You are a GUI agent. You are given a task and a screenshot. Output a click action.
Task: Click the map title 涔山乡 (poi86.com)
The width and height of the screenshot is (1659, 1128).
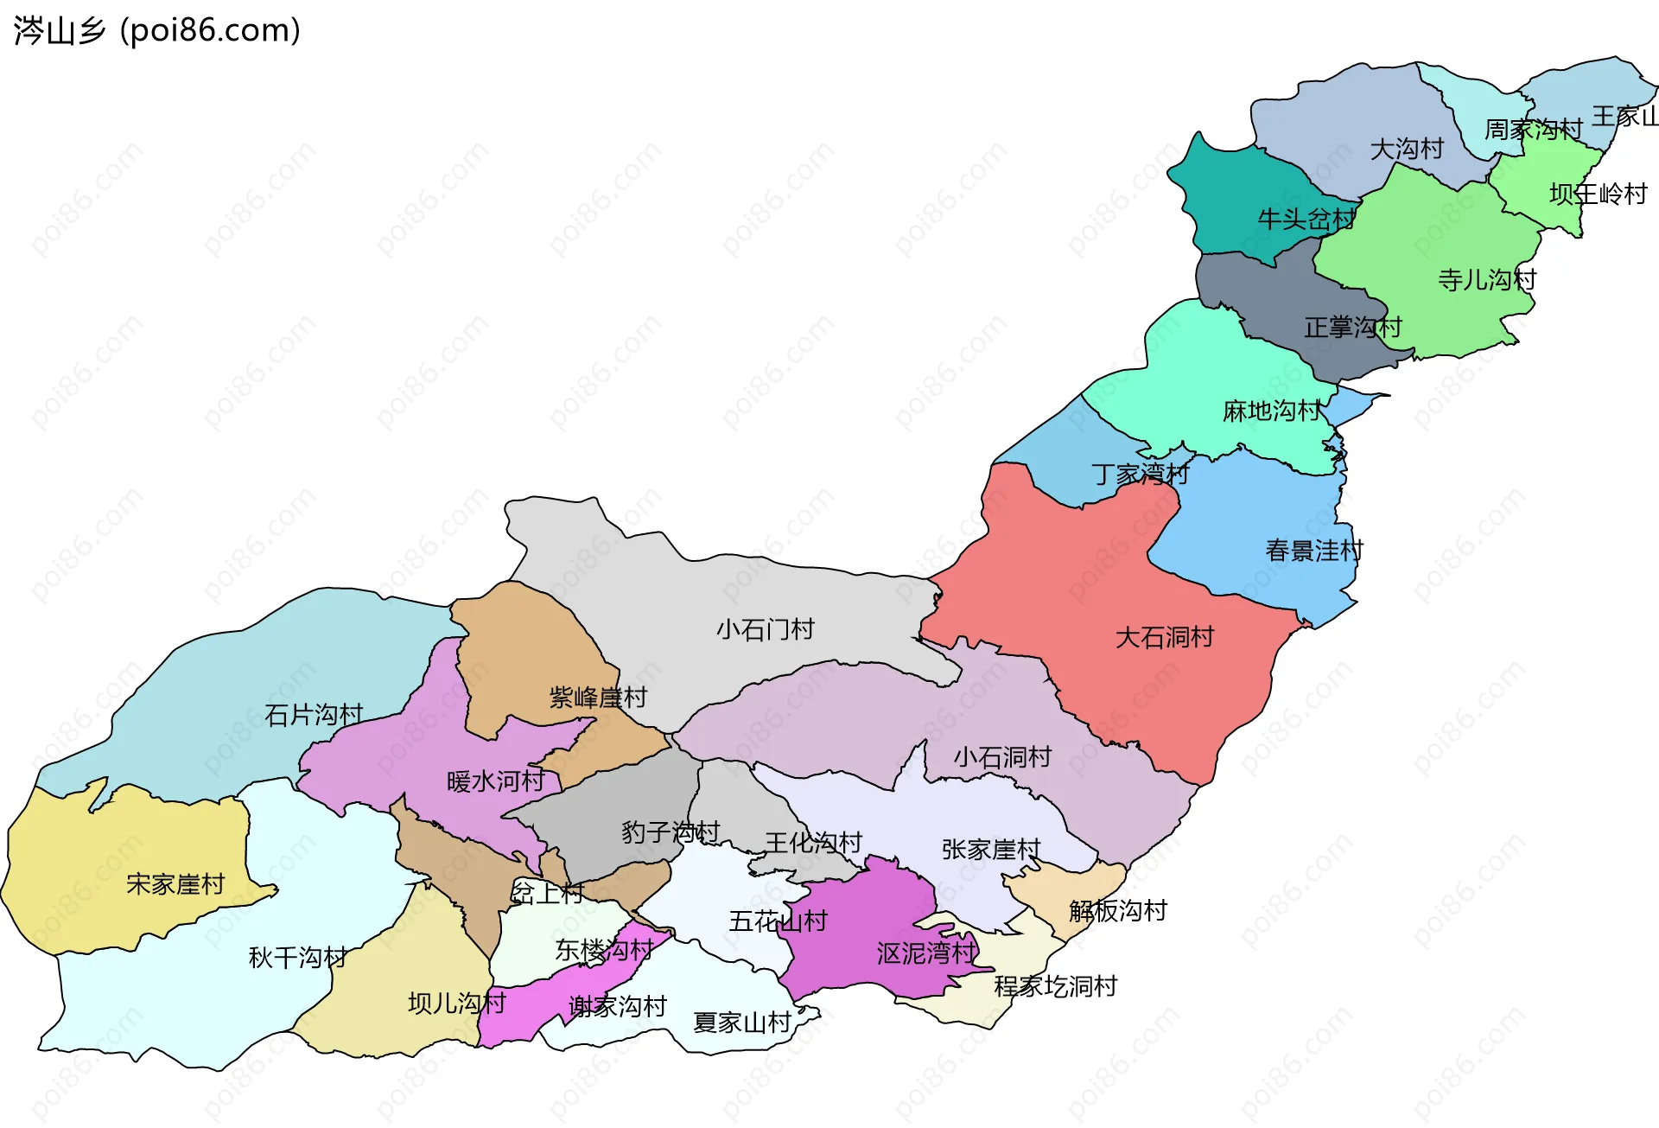157,30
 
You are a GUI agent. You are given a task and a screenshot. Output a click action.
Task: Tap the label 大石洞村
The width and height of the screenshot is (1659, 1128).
1164,638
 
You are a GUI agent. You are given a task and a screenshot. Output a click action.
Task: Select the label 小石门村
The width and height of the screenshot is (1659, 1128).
765,629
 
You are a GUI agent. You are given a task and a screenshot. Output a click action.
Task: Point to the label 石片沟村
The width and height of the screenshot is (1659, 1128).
314,715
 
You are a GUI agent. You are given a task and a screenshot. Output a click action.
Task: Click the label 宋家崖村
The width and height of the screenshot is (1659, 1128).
175,884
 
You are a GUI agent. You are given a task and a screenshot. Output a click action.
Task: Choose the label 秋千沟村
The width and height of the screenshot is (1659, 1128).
298,958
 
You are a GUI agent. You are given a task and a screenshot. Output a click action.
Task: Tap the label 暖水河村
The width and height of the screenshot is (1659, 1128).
496,781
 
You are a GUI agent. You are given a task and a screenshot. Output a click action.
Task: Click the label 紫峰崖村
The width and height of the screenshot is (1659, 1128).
598,698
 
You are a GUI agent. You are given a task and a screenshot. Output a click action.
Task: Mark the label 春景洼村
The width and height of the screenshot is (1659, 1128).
1314,551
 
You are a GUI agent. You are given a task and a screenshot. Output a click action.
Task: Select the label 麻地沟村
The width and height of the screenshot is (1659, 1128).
1272,411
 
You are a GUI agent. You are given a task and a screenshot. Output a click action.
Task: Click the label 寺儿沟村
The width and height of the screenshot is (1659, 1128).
1487,280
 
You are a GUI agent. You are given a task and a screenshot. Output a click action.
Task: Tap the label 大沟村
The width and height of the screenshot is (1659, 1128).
1407,150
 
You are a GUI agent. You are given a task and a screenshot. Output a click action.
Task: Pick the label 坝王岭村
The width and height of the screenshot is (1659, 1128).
1599,194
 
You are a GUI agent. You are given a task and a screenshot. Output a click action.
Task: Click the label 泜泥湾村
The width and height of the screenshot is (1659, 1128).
926,953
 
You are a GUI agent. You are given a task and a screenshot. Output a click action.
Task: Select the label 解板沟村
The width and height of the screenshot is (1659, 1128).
1117,910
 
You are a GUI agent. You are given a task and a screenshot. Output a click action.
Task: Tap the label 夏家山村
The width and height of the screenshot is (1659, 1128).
742,1023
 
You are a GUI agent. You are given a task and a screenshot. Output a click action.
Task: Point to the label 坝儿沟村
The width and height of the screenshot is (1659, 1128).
457,1004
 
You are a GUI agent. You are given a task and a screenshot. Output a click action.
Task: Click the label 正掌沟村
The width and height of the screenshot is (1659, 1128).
1352,328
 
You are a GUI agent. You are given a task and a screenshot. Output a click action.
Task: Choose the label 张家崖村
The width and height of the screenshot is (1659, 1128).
991,850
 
